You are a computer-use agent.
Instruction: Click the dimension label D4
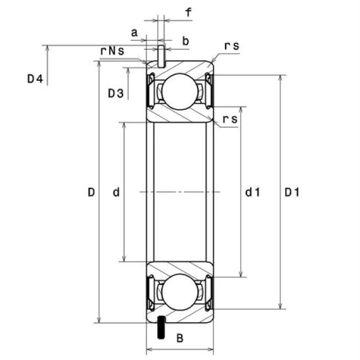35,79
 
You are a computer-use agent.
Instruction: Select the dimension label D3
116,93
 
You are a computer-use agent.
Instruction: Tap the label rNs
112,51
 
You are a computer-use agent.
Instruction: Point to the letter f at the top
188,12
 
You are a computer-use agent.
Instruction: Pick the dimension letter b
185,41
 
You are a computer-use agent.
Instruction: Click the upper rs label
232,46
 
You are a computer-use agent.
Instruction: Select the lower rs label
230,119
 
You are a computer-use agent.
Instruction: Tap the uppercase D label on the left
91,192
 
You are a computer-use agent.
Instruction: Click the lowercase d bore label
116,192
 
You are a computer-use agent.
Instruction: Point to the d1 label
252,192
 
